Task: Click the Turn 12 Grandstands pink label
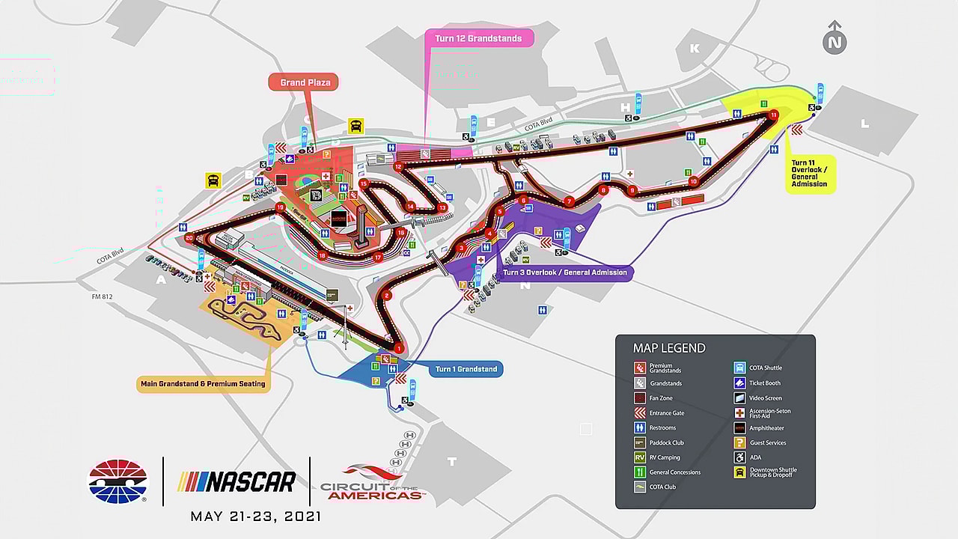point(478,38)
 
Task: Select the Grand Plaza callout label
point(304,82)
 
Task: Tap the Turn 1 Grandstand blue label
point(466,369)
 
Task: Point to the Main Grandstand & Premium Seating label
point(203,384)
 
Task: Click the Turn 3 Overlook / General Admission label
point(565,272)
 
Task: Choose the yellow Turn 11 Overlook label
point(810,173)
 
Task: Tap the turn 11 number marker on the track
point(773,115)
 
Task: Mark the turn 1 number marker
point(399,348)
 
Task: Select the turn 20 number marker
point(189,238)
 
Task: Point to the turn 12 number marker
point(398,166)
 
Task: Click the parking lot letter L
point(864,124)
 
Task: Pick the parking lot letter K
point(695,49)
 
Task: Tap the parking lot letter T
point(451,462)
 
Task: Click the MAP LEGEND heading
point(669,348)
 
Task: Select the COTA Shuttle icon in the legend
point(739,368)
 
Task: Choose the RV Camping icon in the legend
point(640,457)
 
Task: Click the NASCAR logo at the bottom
point(237,481)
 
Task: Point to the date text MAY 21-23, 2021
point(256,517)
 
